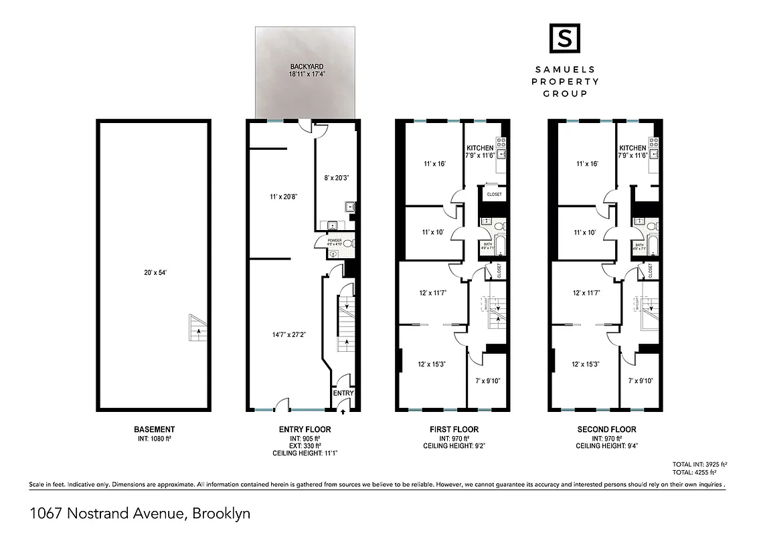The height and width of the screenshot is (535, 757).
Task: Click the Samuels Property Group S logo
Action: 564,38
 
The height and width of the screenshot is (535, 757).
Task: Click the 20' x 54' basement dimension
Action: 153,272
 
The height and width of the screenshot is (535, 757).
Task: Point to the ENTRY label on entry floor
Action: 343,393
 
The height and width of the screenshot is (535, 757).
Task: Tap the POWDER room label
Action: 335,240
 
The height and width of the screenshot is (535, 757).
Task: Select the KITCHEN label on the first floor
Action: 480,148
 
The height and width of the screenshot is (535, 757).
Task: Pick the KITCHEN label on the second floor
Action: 633,148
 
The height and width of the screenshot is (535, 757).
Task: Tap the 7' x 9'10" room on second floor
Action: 641,380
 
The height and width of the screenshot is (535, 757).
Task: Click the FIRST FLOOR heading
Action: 452,429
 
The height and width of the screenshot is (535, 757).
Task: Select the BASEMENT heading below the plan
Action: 155,429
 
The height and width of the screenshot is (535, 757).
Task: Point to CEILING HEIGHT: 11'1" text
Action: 304,453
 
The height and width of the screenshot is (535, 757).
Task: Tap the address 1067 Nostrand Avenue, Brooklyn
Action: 140,514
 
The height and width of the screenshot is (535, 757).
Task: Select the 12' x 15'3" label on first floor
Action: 432,364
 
